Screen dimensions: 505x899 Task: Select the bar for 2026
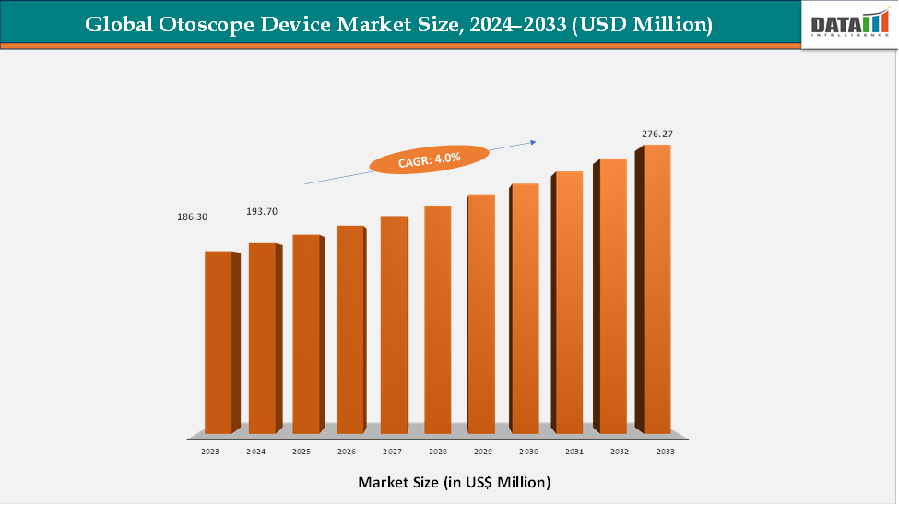click(x=350, y=329)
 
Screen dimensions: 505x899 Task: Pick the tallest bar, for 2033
click(x=657, y=288)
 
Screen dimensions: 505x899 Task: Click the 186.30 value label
click(x=193, y=217)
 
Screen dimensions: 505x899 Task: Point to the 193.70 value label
click(x=262, y=211)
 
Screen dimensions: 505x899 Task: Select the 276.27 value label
click(x=657, y=135)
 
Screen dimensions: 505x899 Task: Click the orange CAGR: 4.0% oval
click(x=429, y=159)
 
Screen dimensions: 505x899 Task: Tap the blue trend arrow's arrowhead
click(x=532, y=142)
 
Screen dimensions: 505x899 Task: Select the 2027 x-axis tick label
click(x=393, y=452)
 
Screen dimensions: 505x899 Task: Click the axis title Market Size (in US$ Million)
click(x=454, y=482)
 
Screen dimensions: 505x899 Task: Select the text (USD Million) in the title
click(x=643, y=25)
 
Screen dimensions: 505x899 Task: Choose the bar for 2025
click(x=306, y=334)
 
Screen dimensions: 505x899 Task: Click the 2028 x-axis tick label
click(x=437, y=452)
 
